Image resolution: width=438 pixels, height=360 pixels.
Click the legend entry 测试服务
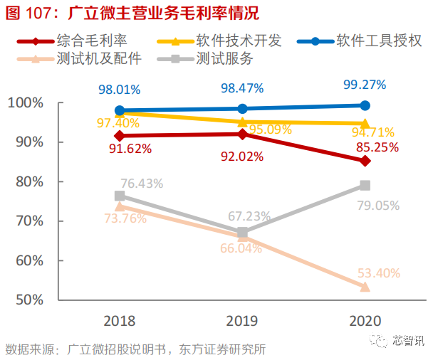point(224,58)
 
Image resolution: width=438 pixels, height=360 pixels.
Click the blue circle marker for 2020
point(365,105)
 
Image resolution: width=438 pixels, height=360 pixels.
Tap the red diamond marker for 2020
point(365,161)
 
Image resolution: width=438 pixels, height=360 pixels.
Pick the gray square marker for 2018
point(120,196)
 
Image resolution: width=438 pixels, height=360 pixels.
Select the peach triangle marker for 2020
point(365,287)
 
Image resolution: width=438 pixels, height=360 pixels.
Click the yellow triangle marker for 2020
point(365,123)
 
